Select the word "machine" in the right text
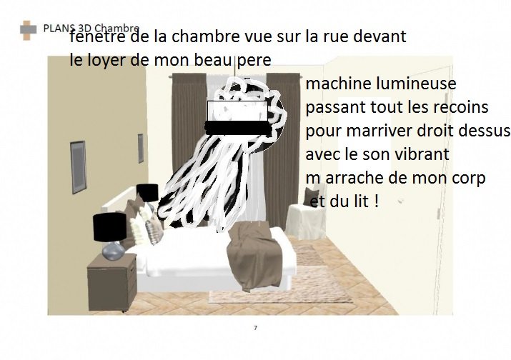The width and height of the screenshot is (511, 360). pos(339,84)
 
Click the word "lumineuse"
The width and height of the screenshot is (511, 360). pos(416,84)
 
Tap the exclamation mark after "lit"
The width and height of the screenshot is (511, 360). pos(377,201)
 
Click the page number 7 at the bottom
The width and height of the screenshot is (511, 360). pos(256,328)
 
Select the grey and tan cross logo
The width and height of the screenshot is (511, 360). pos(28,30)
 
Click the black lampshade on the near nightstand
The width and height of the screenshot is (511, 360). pos(109,227)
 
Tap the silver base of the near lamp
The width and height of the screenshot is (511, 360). pos(113,251)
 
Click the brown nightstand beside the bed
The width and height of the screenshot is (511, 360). pos(112,282)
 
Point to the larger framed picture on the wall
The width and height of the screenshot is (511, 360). pos(78,167)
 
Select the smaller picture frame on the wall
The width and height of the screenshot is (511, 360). pos(141,149)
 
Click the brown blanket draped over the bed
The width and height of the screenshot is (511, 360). pos(255,256)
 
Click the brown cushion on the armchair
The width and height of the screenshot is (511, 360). pos(311,196)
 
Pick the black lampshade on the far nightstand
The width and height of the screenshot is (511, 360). pos(148,192)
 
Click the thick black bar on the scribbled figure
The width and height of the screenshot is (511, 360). pos(239,128)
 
